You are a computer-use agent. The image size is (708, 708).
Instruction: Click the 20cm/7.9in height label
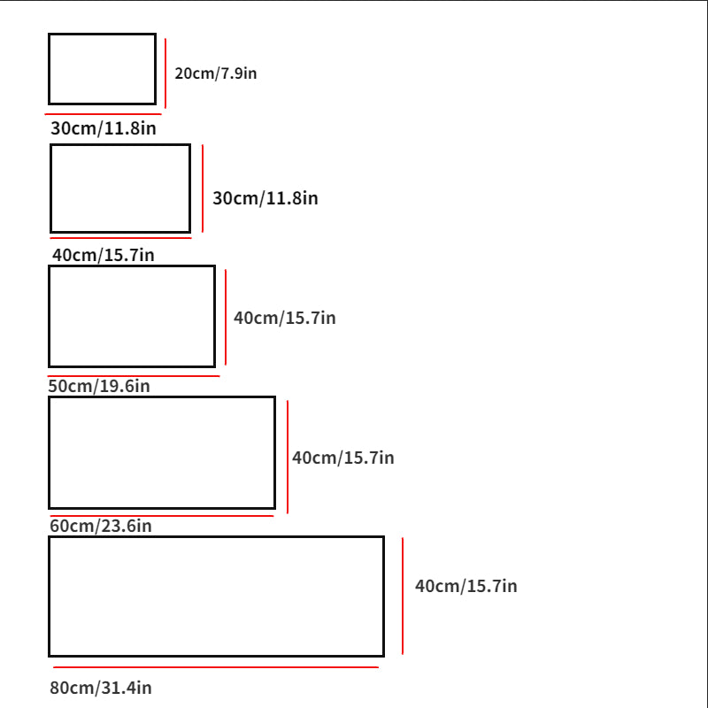(x=216, y=73)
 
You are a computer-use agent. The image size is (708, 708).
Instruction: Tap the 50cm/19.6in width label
(x=99, y=386)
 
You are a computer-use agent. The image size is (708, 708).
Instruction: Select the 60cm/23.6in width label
(x=101, y=526)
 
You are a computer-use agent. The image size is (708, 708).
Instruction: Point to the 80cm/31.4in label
(x=101, y=688)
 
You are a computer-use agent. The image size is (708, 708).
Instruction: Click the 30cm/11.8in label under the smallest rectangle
(x=104, y=128)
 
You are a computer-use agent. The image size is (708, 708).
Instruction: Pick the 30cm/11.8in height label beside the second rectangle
(x=265, y=198)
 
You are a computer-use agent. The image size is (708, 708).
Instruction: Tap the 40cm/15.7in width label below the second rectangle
(x=104, y=255)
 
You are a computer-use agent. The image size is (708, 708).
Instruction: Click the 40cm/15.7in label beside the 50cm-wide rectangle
(x=285, y=318)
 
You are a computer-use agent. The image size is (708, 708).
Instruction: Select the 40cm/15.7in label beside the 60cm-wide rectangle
(x=343, y=458)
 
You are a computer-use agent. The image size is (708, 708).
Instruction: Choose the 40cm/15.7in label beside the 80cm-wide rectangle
(x=466, y=586)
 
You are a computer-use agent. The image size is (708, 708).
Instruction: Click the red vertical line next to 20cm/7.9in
(x=165, y=73)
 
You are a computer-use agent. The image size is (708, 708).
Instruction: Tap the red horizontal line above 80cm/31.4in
(x=216, y=667)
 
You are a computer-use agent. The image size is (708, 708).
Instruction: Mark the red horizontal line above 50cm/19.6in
(x=134, y=375)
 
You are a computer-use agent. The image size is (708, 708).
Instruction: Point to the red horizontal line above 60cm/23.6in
(x=162, y=516)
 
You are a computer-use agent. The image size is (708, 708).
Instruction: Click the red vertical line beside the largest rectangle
(x=403, y=596)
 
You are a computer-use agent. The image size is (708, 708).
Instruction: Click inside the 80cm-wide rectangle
(x=216, y=596)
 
